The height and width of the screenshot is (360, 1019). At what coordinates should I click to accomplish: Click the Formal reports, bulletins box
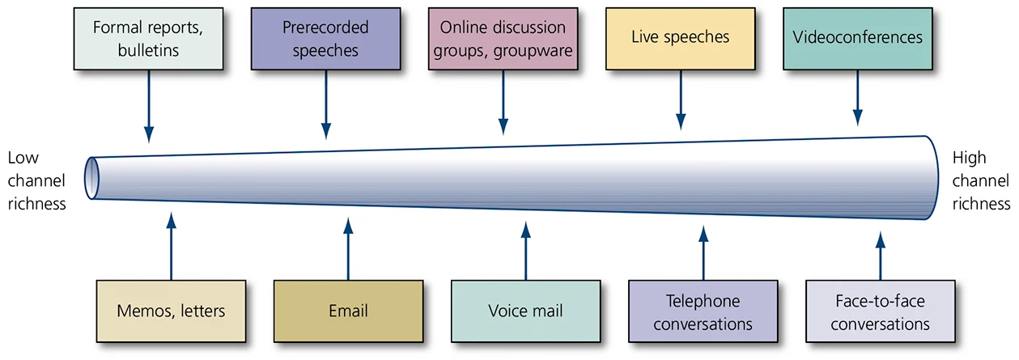click(147, 38)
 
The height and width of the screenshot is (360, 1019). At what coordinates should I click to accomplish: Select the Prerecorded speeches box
click(325, 38)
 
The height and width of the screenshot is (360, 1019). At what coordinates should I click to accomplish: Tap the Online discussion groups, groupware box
click(503, 38)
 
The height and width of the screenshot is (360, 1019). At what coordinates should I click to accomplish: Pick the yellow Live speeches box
click(680, 38)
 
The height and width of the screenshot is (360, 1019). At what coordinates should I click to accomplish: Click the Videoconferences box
click(857, 38)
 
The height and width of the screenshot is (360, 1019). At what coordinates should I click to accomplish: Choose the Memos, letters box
click(171, 311)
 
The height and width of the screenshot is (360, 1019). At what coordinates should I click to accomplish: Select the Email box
click(348, 311)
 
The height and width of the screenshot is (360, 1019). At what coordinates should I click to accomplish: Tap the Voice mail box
click(525, 311)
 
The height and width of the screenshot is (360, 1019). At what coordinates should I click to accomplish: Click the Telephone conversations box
click(703, 312)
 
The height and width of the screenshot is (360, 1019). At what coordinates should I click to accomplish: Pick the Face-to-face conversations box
click(880, 312)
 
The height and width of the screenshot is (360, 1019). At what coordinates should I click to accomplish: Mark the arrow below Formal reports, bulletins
click(148, 105)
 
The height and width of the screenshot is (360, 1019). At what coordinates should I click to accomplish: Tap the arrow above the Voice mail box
click(525, 252)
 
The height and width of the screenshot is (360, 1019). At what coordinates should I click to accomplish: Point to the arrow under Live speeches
click(680, 101)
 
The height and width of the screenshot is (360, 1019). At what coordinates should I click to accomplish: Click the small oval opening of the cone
click(91, 177)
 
